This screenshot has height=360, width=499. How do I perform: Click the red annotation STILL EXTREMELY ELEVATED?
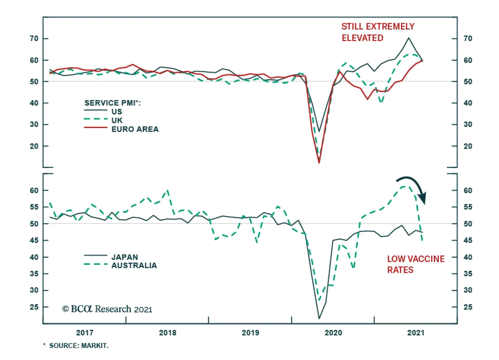click(x=378, y=32)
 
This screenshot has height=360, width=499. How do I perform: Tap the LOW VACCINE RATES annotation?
click(x=416, y=264)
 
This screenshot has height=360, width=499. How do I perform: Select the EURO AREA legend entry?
click(x=135, y=129)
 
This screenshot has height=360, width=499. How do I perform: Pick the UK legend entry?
click(x=117, y=120)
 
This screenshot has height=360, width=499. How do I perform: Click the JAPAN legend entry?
click(x=124, y=257)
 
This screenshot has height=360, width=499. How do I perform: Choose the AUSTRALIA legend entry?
click(x=134, y=265)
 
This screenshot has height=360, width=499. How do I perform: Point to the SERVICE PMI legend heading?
click(x=112, y=103)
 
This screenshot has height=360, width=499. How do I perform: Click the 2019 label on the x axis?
click(x=250, y=333)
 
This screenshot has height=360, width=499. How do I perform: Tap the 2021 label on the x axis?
click(x=416, y=333)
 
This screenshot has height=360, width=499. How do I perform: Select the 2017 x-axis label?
click(x=85, y=333)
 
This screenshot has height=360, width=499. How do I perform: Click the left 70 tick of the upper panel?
click(x=34, y=39)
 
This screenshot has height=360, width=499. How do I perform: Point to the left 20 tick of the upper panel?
click(x=34, y=146)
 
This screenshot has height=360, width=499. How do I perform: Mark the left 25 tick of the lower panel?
click(x=34, y=307)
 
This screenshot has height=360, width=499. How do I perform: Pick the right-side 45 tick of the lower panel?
click(x=468, y=241)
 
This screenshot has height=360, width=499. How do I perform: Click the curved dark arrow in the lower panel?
click(x=413, y=187)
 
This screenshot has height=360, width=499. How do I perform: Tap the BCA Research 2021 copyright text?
click(x=107, y=309)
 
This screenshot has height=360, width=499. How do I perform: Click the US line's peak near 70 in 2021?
click(x=409, y=38)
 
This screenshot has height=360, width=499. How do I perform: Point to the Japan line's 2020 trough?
click(x=319, y=318)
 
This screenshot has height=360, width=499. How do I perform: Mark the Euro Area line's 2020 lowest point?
click(x=319, y=163)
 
